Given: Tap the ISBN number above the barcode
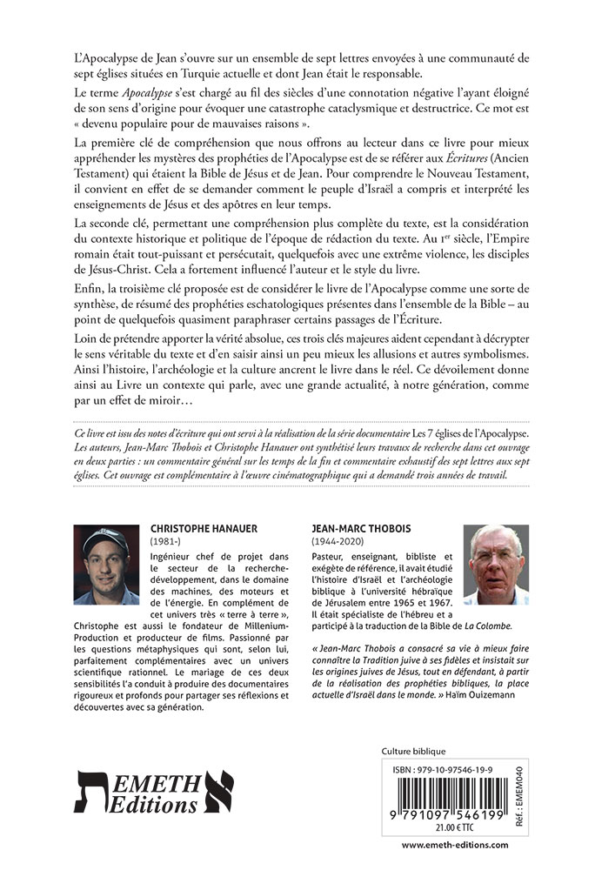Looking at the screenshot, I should click(449, 770).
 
